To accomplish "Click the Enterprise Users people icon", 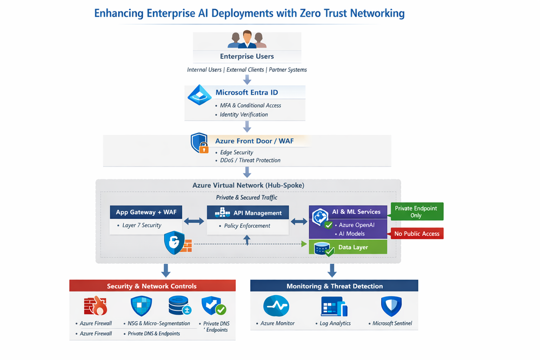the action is (x=247, y=39).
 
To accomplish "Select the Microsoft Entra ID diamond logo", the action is (x=199, y=95).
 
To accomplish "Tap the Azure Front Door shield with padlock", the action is (x=200, y=143).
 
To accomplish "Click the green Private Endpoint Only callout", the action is (x=416, y=211).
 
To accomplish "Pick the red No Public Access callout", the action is (x=416, y=234).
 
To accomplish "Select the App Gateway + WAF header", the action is (x=146, y=212).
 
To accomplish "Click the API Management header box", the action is (x=248, y=212).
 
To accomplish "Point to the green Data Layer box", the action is (x=348, y=247).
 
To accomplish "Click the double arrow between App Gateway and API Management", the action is (x=194, y=222).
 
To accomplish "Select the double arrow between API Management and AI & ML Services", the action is (x=299, y=222).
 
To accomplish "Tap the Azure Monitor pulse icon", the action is (x=276, y=305).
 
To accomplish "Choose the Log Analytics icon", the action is (x=334, y=306).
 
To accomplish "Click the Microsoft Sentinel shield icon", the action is (x=391, y=306).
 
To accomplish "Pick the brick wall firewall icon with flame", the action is (x=95, y=305).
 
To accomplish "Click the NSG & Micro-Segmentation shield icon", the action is (x=141, y=306).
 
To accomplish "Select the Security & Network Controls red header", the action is (x=152, y=286).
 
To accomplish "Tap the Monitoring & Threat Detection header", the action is (x=334, y=286).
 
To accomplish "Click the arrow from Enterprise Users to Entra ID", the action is (x=247, y=79).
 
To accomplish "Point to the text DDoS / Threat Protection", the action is (x=250, y=160).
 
